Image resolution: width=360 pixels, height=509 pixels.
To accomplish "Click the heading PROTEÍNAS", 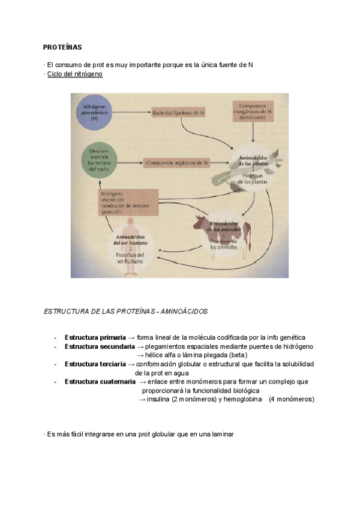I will pos(62,46).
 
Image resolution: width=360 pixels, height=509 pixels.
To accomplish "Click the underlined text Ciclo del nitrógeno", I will pos(75,73).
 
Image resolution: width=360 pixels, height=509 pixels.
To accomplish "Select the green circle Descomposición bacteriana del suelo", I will pos(97,160).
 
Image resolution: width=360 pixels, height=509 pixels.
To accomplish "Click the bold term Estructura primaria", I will pos(95,337).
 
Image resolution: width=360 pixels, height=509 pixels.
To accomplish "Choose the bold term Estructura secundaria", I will pos(100,346).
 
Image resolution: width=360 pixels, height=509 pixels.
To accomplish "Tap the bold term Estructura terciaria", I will pos(95,364).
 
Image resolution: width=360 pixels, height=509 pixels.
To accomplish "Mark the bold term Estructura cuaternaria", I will pos(100,381).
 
